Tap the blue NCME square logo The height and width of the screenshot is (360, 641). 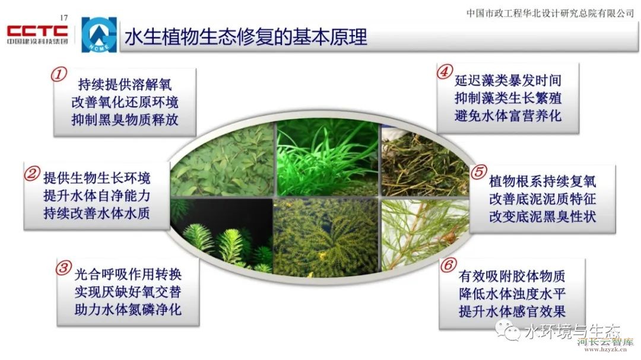(x=99, y=35)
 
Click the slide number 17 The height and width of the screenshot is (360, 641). (x=64, y=18)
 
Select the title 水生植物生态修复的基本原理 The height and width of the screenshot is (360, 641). (x=246, y=37)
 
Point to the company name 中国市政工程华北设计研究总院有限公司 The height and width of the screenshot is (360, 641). (x=550, y=14)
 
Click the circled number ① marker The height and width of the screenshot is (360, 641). (x=59, y=75)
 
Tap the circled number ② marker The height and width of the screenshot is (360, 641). (x=31, y=174)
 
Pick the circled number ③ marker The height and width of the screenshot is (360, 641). (x=64, y=269)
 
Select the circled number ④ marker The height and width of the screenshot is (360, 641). (x=445, y=72)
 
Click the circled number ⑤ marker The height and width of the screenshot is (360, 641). (x=479, y=172)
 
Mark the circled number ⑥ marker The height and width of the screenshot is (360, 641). (x=448, y=266)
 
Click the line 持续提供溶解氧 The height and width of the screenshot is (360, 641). (x=125, y=85)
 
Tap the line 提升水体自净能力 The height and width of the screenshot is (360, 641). (x=97, y=196)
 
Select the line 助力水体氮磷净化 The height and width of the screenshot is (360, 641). (x=128, y=310)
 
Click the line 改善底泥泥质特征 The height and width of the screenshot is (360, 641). (x=542, y=199)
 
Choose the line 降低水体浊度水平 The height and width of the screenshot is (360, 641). (x=512, y=294)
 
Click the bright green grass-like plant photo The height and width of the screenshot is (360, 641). (x=328, y=157)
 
